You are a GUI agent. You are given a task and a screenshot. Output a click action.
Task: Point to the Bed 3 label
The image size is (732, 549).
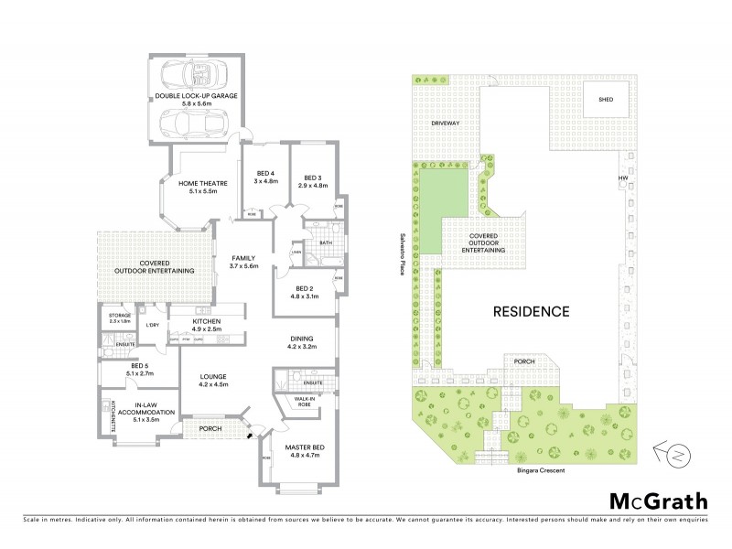[x=313, y=178]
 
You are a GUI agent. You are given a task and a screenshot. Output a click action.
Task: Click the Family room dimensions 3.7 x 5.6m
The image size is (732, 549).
[x=244, y=266]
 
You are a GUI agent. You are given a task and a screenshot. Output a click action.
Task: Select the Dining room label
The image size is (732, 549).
[x=302, y=338]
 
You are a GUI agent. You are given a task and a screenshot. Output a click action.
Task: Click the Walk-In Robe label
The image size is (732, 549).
[x=306, y=403]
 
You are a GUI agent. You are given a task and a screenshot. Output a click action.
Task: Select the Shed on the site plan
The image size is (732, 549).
[x=606, y=101]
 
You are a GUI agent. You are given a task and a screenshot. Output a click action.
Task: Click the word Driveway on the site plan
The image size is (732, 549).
[x=445, y=122]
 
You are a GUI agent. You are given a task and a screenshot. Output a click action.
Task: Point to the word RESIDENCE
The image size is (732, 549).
[x=532, y=311]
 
